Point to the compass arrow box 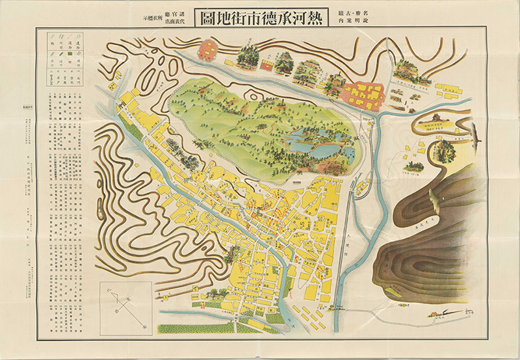pyautogui.click(x=125, y=305)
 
